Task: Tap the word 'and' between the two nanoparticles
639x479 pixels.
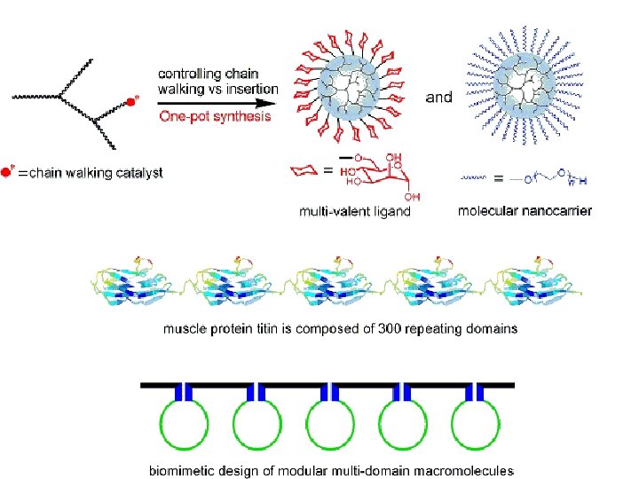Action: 439,97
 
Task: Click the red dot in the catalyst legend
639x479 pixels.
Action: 7,171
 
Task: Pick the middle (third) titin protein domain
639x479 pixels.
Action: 337,281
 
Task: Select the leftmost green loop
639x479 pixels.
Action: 183,425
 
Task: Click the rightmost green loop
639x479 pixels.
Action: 477,425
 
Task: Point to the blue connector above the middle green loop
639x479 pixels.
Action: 329,393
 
